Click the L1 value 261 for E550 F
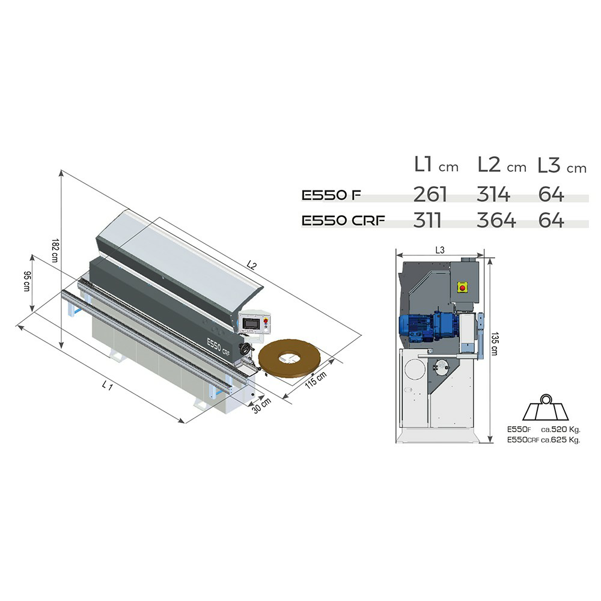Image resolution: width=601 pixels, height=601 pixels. pos(430,194)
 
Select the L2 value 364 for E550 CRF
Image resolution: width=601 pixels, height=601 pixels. pos(496,220)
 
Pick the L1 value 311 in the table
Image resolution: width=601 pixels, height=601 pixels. pos(427,220)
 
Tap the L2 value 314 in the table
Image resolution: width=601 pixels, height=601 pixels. pos(493,194)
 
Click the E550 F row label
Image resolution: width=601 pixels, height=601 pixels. pos(332,195)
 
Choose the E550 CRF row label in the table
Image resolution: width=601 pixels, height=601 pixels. pos(343,221)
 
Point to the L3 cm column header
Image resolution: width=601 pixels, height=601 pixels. pos(562,165)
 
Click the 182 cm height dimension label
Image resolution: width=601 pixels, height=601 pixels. pos(55,250)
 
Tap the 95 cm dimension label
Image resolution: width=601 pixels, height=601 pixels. pos(26,281)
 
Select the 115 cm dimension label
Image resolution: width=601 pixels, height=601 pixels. pos(316,380)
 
